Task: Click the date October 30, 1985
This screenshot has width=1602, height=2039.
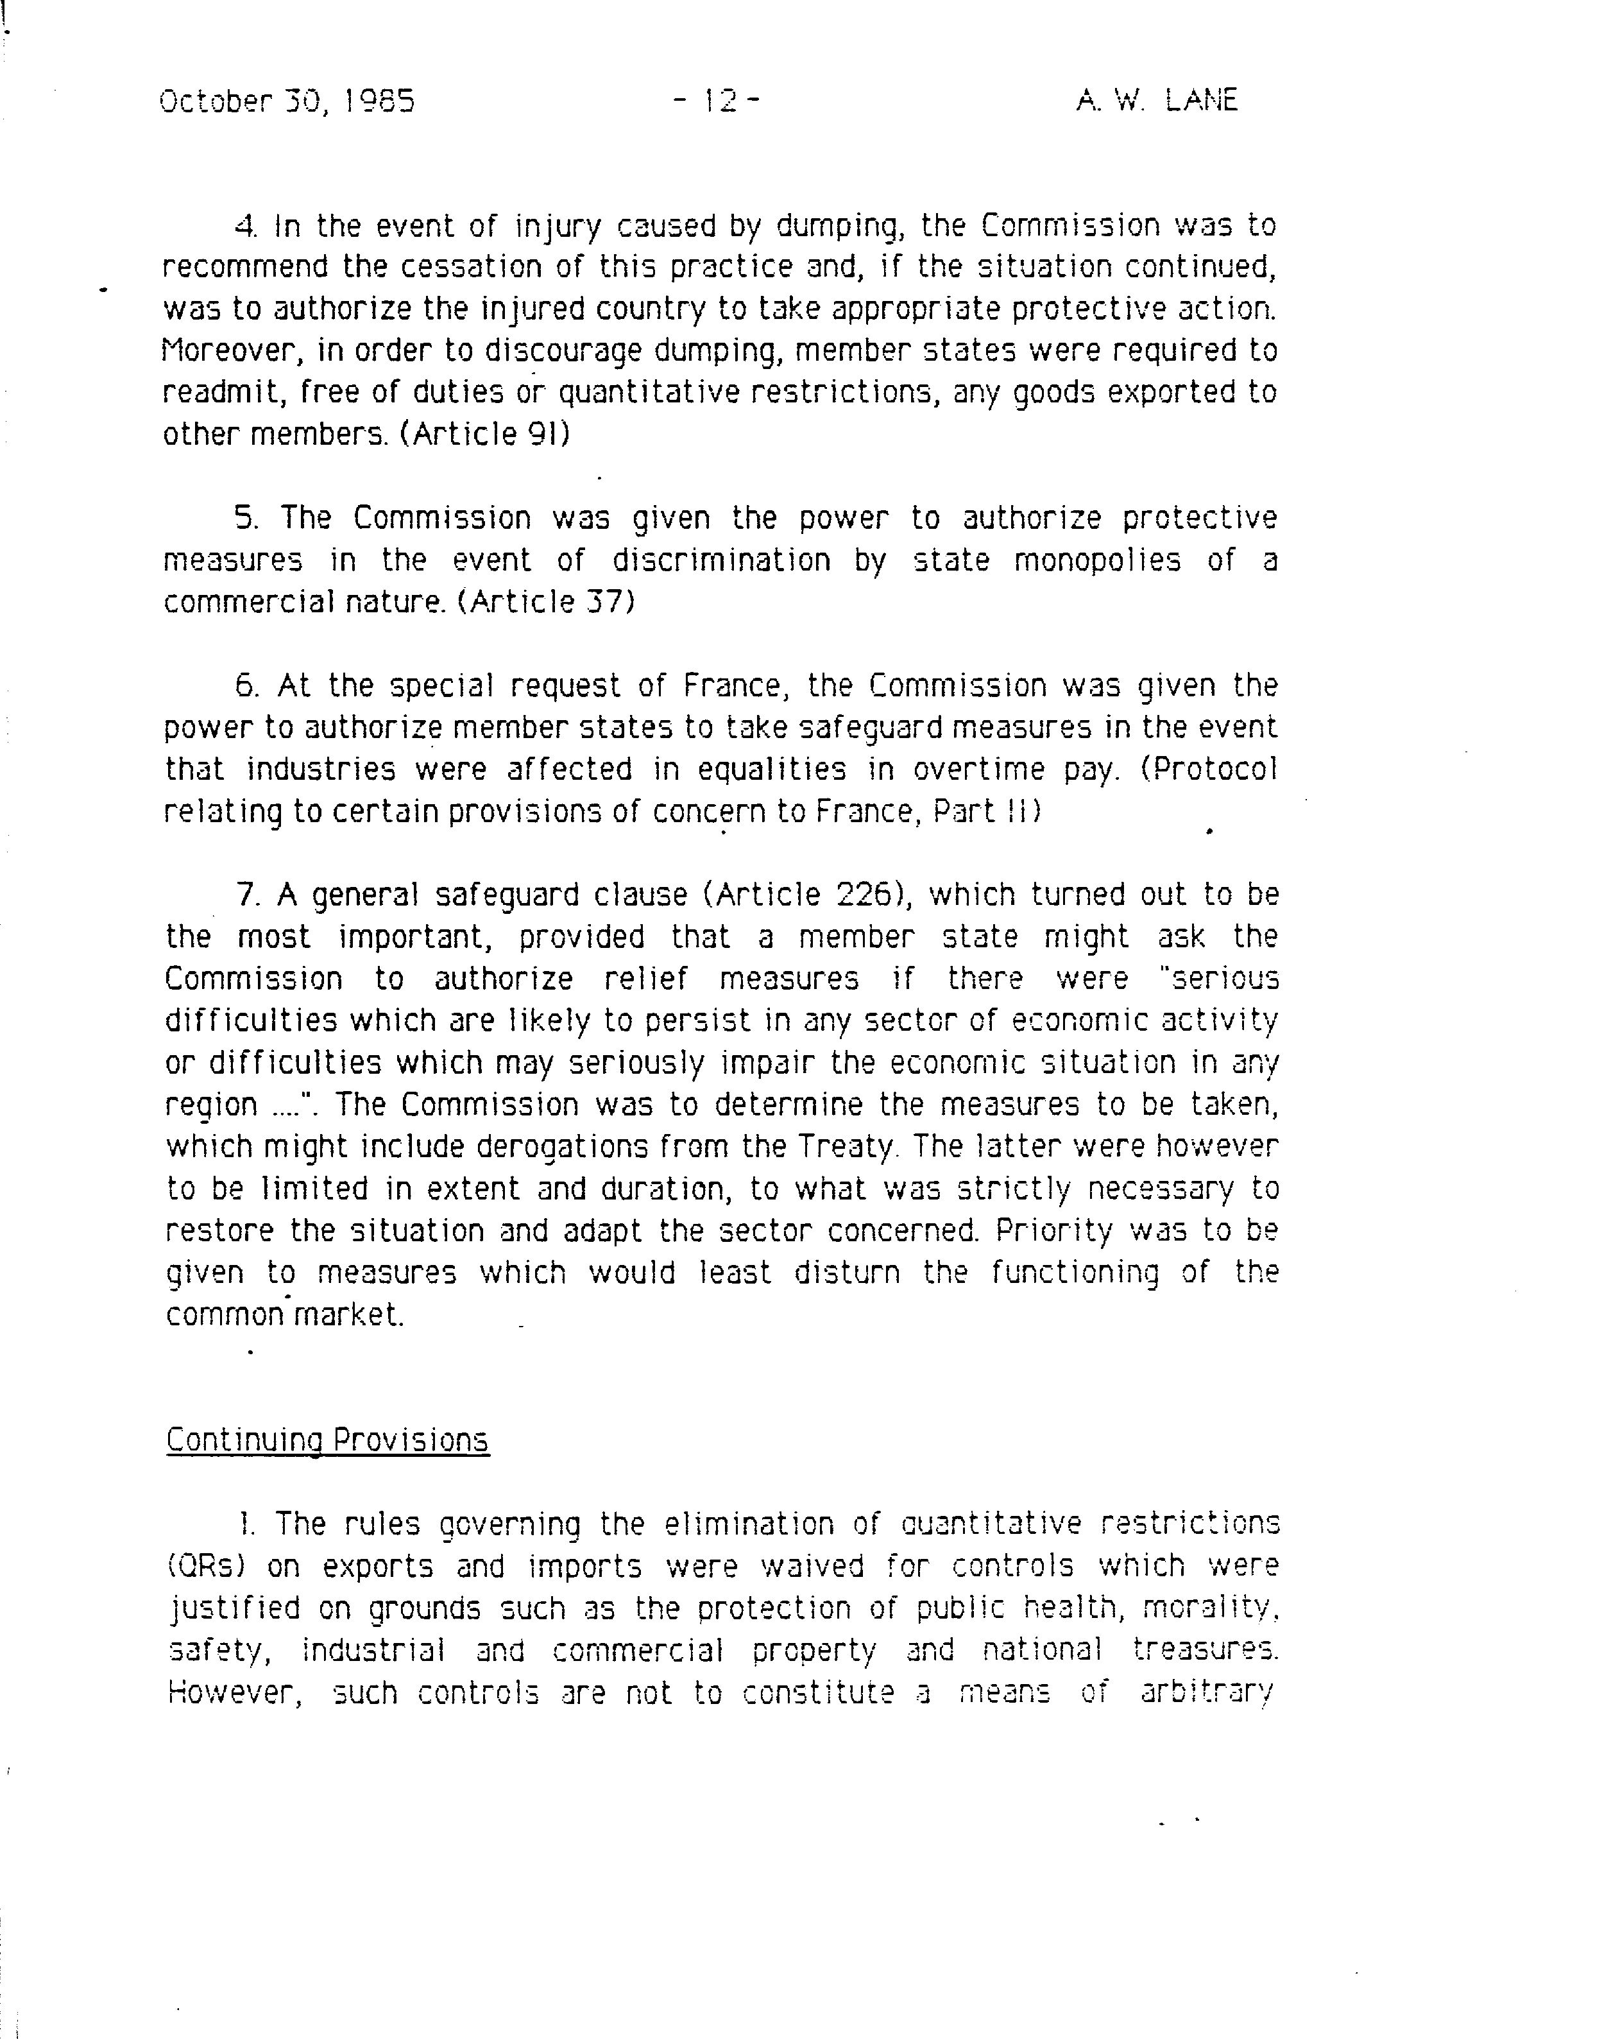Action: pyautogui.click(x=287, y=100)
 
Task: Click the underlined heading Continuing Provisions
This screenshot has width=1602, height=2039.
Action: pyautogui.click(x=327, y=1440)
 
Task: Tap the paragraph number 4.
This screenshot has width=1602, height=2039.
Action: pyautogui.click(x=245, y=226)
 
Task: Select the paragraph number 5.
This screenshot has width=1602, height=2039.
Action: pyautogui.click(x=246, y=518)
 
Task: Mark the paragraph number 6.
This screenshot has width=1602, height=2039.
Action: pyautogui.click(x=246, y=686)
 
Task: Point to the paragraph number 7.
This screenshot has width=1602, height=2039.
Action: pyautogui.click(x=246, y=895)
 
